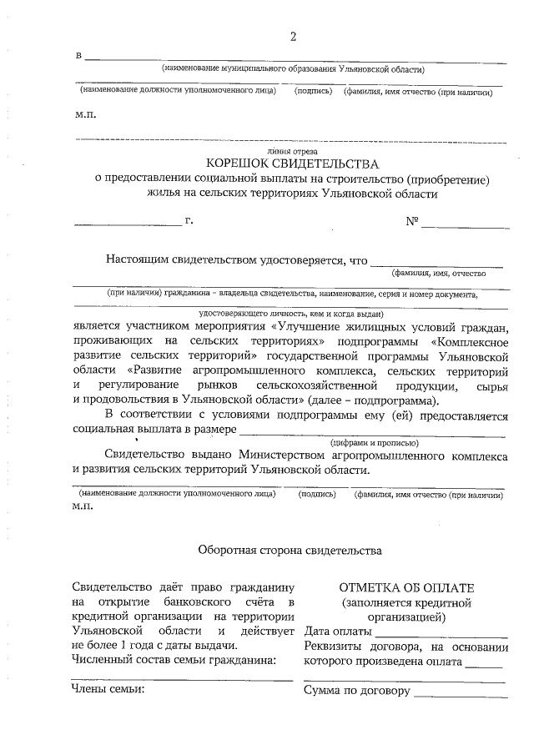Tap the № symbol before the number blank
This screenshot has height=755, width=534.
click(x=412, y=222)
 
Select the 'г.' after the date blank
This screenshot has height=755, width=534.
click(x=189, y=221)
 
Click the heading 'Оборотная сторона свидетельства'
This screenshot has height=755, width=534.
click(x=290, y=551)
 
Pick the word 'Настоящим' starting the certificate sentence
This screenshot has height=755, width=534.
click(x=135, y=259)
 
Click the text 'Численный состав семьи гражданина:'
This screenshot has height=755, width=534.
click(x=174, y=661)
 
